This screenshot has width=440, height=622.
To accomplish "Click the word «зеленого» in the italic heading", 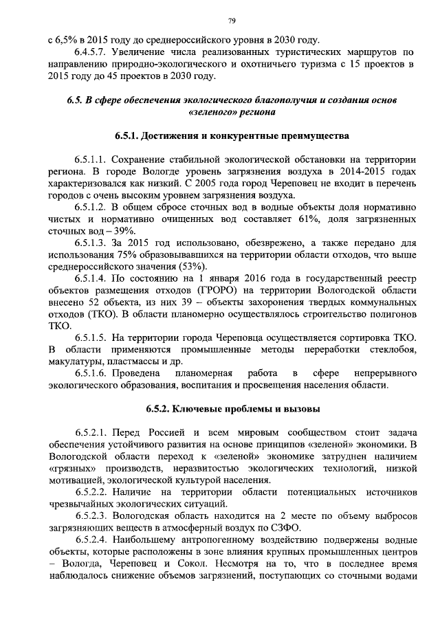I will point(210,111).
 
